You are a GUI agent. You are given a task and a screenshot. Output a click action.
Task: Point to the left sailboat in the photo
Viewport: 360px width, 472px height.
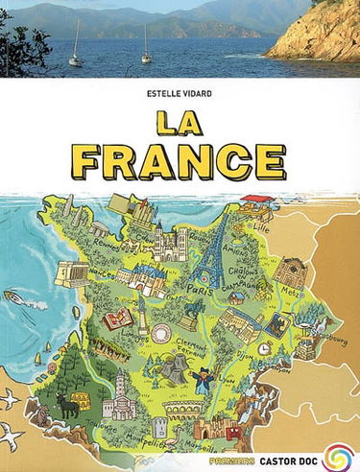(76, 52)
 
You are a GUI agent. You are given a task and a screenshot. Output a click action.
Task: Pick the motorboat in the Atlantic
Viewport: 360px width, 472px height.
(16, 297)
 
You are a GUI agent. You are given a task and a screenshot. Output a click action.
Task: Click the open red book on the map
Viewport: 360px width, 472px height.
(120, 319)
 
